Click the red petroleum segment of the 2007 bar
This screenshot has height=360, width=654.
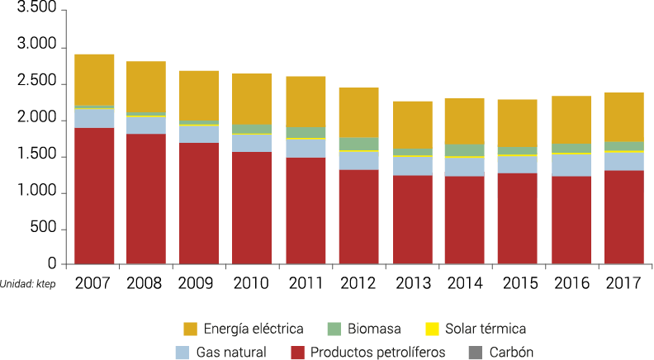tap(94, 196)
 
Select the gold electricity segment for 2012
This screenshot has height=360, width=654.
tap(358, 112)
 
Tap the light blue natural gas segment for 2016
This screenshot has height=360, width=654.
tap(571, 165)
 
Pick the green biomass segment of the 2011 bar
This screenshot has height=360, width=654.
tap(306, 132)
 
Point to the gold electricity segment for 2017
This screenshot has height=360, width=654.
tap(623, 116)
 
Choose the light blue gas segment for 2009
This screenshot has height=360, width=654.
tap(199, 134)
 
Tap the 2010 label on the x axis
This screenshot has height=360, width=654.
tap(252, 283)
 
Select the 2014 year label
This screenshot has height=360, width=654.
tap(465, 283)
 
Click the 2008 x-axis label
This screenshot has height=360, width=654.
tap(146, 283)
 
